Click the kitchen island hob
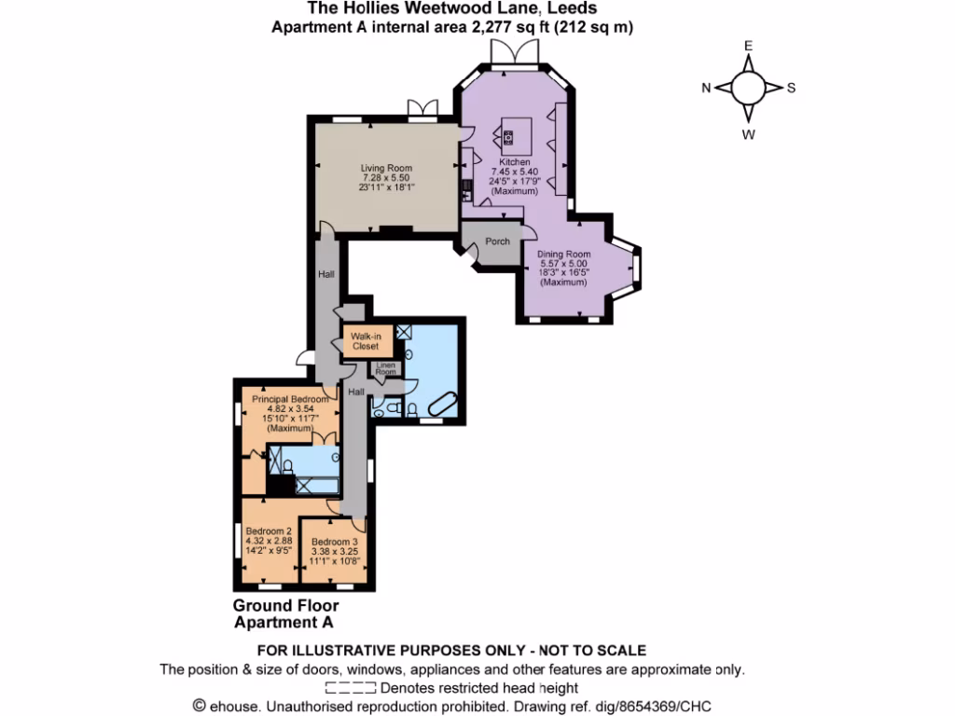[508, 140]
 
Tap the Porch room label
[498, 241]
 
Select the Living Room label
[386, 169]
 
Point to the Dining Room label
[565, 255]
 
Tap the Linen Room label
[385, 369]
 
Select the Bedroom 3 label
[335, 543]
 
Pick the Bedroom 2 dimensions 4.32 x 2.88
[269, 541]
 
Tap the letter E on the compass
[747, 46]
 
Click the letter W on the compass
[748, 133]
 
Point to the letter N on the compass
[706, 89]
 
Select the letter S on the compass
[791, 89]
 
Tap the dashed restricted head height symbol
[350, 688]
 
